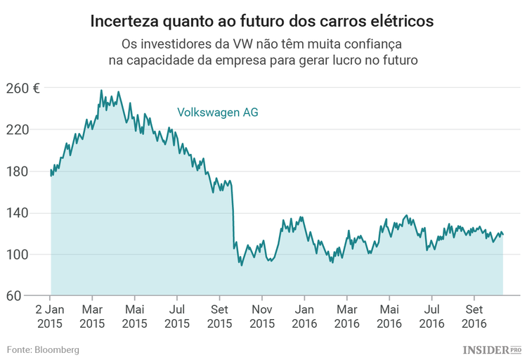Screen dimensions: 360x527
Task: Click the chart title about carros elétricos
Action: point(263,21)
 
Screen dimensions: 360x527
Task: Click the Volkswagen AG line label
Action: point(217,112)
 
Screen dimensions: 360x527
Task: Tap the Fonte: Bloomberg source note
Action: point(43,349)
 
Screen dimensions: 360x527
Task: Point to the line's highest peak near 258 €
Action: point(101,91)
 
